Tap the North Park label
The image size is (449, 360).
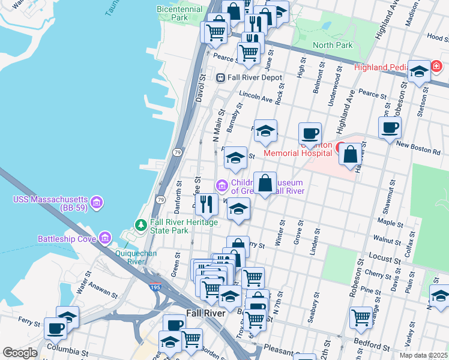coord(333,45)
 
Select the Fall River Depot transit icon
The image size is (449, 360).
coord(220,77)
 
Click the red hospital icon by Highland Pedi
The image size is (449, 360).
coord(438,66)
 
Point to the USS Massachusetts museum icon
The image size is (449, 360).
coord(97,200)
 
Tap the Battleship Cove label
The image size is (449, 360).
coord(67,239)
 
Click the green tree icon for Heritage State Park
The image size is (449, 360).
coord(141,225)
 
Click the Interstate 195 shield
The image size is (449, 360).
coord(155,289)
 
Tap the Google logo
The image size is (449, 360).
coord(20,353)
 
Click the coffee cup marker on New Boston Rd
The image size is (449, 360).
coord(390,127)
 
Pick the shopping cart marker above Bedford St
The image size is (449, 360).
coord(361,317)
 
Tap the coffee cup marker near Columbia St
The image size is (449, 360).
coord(55,328)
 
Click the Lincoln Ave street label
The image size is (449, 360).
coord(256,97)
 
